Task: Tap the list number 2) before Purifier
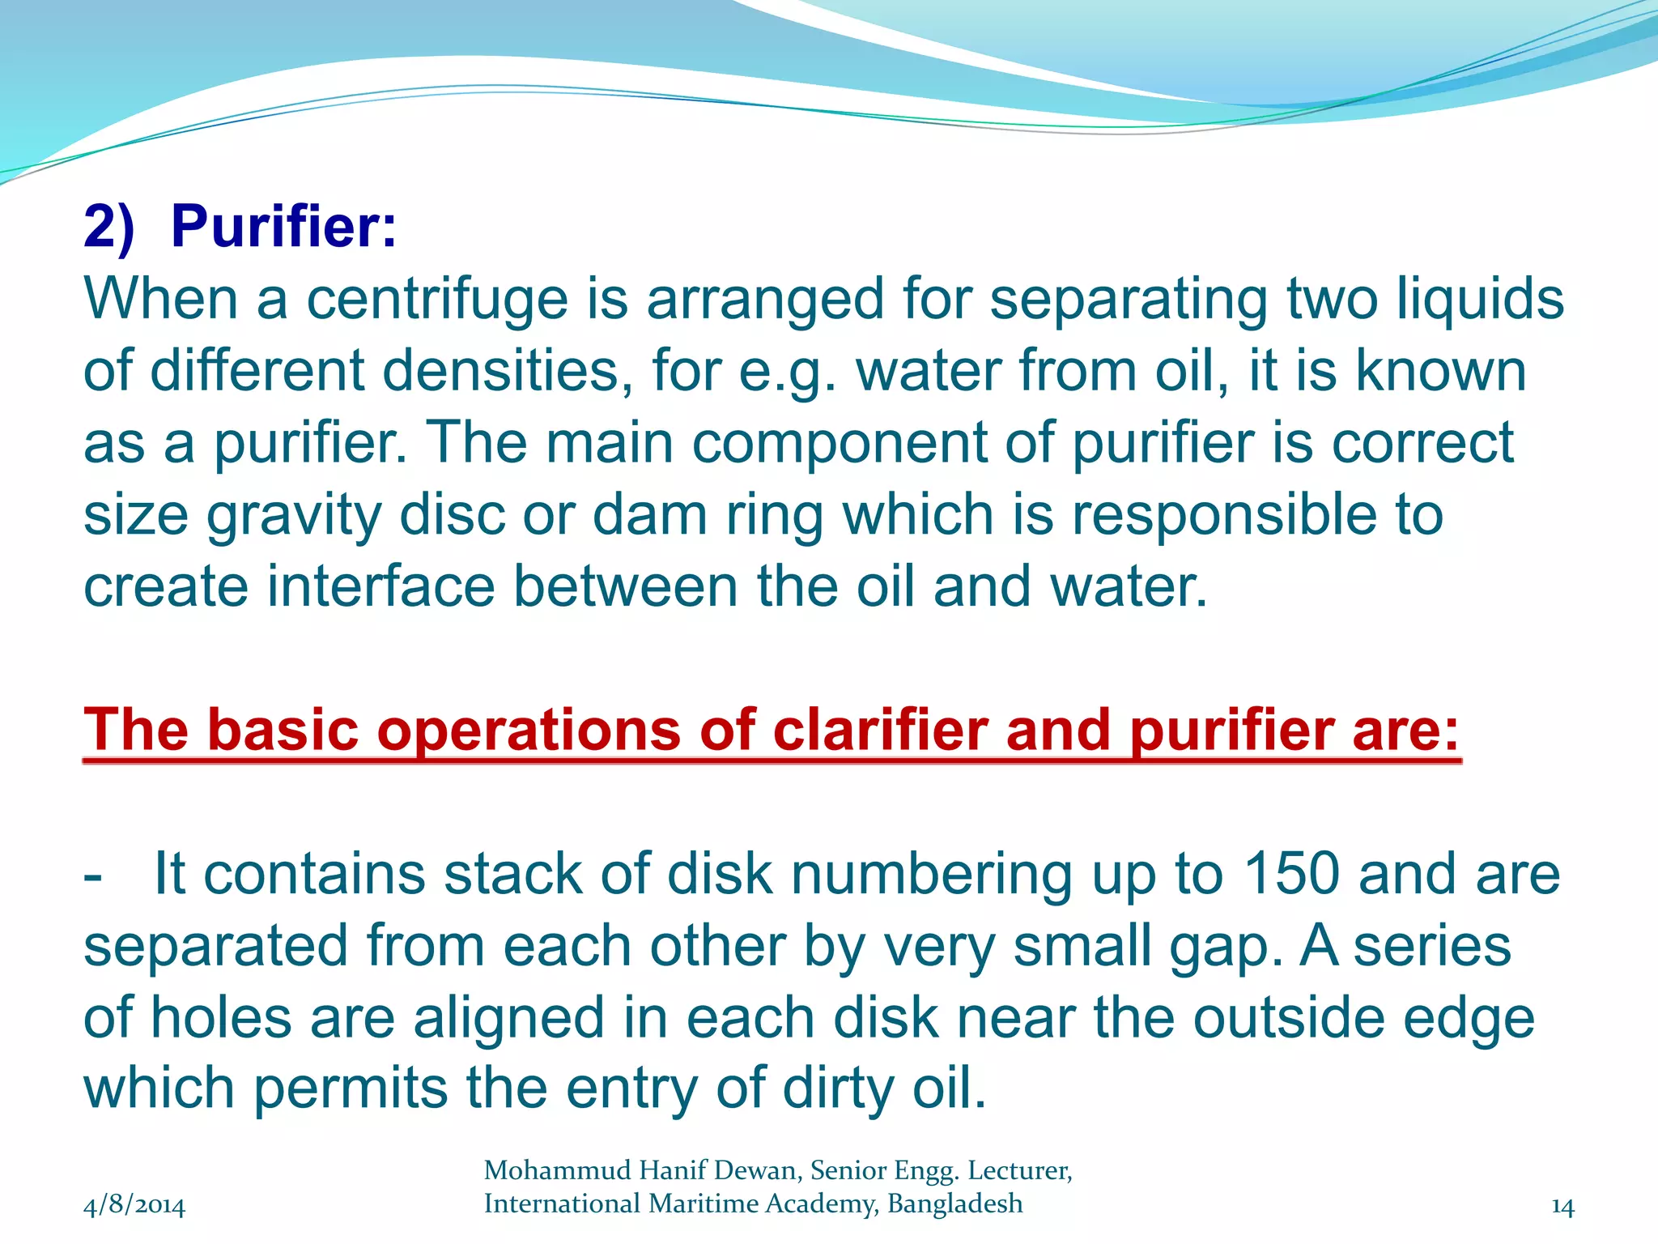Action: tap(108, 226)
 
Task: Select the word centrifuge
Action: tap(437, 300)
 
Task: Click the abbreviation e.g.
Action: tap(786, 371)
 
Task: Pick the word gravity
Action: tap(293, 516)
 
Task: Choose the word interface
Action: tap(380, 586)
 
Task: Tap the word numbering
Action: tap(931, 875)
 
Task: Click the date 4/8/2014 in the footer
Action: tap(134, 1206)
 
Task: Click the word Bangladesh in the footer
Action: tap(954, 1204)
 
